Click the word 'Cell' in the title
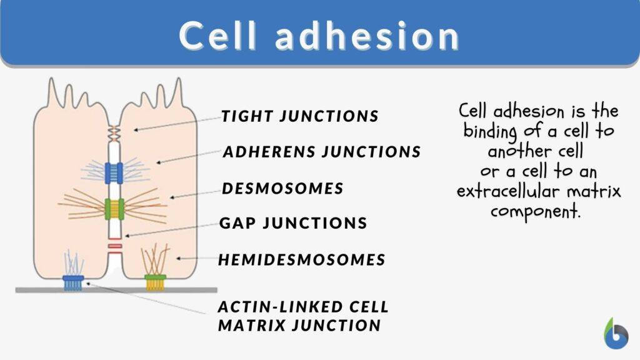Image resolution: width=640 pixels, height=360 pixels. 217,36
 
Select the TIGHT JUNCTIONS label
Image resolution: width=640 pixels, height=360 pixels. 299,116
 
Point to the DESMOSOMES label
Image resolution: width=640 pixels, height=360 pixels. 282,188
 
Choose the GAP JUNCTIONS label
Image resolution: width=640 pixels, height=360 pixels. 292,223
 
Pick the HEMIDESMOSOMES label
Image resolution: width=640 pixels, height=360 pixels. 301,259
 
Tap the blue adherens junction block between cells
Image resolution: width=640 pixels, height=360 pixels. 114,172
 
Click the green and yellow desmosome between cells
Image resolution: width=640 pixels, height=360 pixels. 114,209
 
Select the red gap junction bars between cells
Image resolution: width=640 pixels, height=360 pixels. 114,250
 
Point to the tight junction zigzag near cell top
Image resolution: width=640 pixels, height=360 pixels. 114,132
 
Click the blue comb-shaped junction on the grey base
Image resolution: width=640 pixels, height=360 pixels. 74,282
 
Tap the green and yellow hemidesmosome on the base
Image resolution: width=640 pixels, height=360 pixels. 155,282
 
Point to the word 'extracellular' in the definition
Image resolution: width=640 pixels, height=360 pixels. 514,191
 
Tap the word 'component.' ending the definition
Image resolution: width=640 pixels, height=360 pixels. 536,211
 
